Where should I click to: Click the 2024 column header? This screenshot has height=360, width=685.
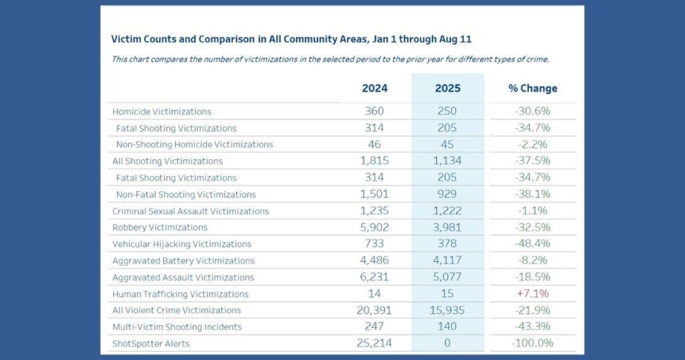pyautogui.click(x=375, y=88)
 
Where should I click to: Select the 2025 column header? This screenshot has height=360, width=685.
pyautogui.click(x=448, y=88)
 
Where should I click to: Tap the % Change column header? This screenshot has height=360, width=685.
pyautogui.click(x=532, y=88)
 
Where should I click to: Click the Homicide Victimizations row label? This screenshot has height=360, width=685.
pyautogui.click(x=162, y=112)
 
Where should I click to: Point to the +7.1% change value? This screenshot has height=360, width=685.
pyautogui.click(x=532, y=294)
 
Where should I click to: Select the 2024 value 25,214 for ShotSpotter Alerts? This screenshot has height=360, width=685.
pyautogui.click(x=375, y=343)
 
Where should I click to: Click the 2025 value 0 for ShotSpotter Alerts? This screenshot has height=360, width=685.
pyautogui.click(x=448, y=343)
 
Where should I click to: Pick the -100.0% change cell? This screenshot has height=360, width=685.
pyautogui.click(x=532, y=343)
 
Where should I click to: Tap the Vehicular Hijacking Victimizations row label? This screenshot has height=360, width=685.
pyautogui.click(x=182, y=244)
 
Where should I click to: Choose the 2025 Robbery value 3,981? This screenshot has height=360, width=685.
pyautogui.click(x=448, y=228)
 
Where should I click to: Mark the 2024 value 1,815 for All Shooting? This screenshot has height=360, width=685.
pyautogui.click(x=375, y=161)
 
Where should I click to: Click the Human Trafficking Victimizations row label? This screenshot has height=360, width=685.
pyautogui.click(x=180, y=294)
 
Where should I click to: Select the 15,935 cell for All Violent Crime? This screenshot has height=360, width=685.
pyautogui.click(x=448, y=310)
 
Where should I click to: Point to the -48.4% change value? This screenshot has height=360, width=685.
pyautogui.click(x=532, y=244)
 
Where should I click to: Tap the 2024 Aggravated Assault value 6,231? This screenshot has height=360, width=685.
pyautogui.click(x=375, y=277)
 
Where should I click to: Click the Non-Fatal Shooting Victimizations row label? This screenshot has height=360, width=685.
pyautogui.click(x=186, y=195)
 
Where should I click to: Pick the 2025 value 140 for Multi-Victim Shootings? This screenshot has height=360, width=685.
pyautogui.click(x=448, y=327)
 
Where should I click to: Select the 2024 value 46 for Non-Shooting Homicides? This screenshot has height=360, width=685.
pyautogui.click(x=375, y=145)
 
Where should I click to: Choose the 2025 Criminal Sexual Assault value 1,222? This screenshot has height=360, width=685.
pyautogui.click(x=448, y=211)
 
